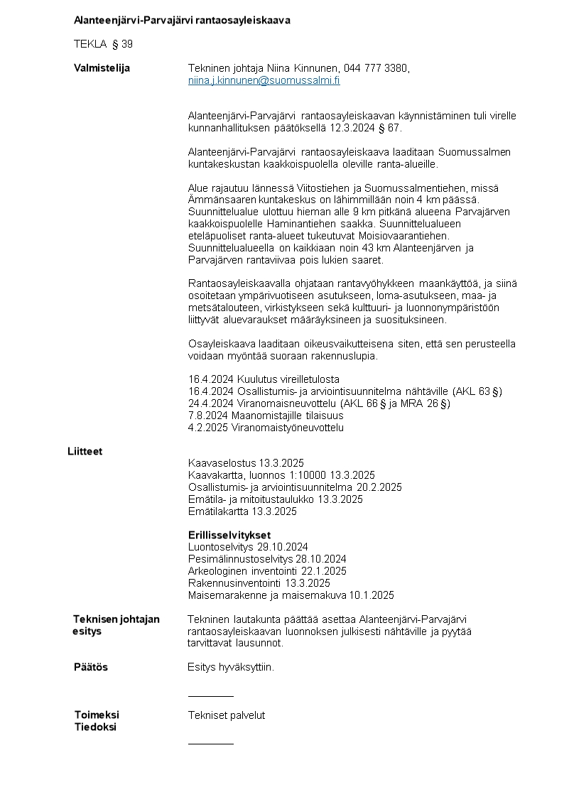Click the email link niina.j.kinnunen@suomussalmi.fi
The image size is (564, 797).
coord(264,80)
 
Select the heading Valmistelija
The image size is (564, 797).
coord(102,68)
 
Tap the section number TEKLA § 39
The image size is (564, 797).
coord(103,44)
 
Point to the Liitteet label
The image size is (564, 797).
coord(85,451)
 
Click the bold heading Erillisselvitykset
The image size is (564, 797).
coord(229,534)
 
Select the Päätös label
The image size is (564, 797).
coord(91,667)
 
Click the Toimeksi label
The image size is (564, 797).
coord(97,715)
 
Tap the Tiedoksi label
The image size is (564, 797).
coord(95,727)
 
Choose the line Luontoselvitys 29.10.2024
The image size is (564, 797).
coord(248,546)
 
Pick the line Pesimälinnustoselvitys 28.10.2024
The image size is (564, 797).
coord(267,558)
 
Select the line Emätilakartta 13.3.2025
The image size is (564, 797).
coord(242,511)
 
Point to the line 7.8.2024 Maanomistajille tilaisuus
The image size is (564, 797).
coord(266,415)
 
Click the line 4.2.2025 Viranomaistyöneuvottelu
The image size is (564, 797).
coord(266,427)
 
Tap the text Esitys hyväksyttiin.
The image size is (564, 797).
coord(231,667)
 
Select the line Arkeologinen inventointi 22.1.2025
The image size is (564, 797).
coord(267,570)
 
